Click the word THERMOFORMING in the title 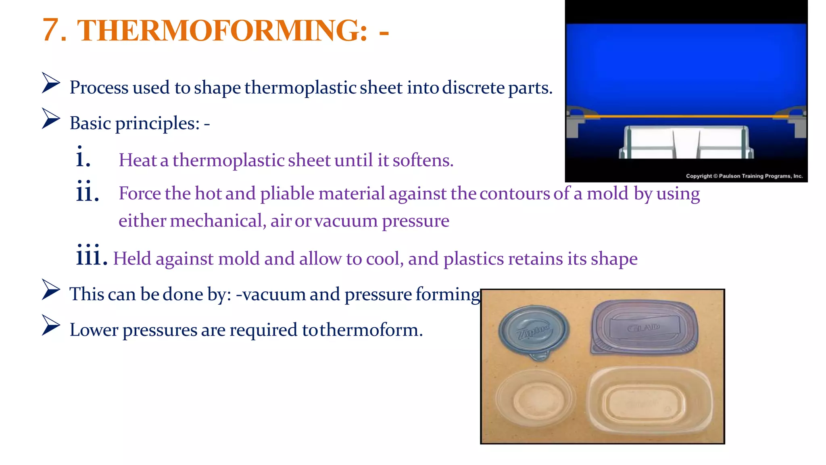click(x=222, y=30)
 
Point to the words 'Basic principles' click(x=135, y=123)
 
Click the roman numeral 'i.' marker click(x=83, y=157)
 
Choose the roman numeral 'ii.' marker click(x=87, y=191)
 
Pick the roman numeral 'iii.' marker click(x=92, y=255)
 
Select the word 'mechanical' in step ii click(x=218, y=221)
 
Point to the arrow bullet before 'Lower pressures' click(x=51, y=326)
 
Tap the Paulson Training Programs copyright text click(x=744, y=176)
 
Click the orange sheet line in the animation click(x=686, y=116)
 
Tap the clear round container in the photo click(x=535, y=399)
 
